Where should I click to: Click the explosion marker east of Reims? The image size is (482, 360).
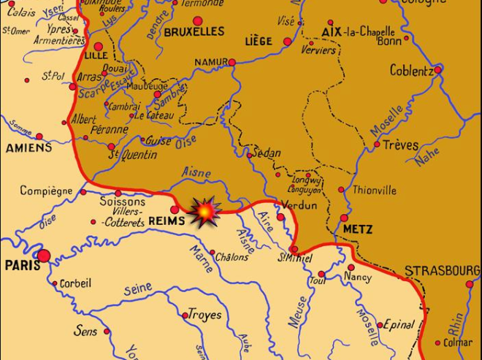point(206,212)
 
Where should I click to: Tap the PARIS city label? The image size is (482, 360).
point(23,266)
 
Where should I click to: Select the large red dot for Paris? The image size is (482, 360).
point(44,256)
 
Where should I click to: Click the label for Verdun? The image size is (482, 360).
point(299,206)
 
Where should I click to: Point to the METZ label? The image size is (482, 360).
point(357,229)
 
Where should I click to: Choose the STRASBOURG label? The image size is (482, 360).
point(442,271)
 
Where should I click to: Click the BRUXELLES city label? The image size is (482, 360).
point(194,32)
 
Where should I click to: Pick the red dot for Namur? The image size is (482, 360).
point(232,62)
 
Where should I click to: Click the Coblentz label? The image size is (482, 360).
point(412,71)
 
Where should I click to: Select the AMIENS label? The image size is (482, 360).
point(29,148)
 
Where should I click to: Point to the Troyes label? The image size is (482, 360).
point(205,315)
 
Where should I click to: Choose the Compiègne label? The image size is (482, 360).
point(46,191)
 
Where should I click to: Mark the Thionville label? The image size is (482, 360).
point(375,190)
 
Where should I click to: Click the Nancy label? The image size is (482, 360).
point(358,277)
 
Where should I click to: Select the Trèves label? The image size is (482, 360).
point(400,145)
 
